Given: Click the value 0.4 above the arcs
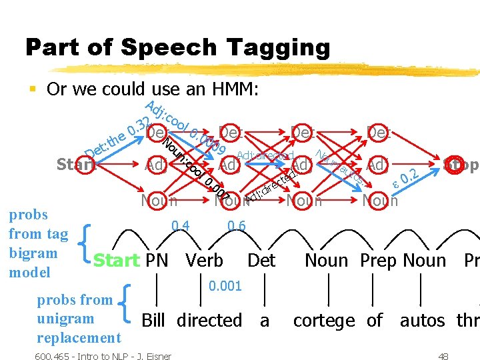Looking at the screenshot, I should [179, 226].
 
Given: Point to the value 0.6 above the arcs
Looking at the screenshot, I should [236, 226].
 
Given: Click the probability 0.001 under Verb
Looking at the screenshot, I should [224, 286].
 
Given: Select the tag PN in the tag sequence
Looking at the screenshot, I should [157, 260].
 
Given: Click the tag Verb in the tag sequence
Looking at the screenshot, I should [204, 260].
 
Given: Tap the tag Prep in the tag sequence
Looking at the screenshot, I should [378, 260].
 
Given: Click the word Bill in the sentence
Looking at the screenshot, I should [154, 321].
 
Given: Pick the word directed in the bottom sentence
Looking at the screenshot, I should [209, 321].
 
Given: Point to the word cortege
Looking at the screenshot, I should [324, 321].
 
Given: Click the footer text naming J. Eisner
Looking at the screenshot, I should [103, 356].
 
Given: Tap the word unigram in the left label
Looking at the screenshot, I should [65, 319].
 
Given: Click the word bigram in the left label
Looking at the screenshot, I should [33, 253].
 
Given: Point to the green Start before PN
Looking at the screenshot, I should [116, 260].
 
